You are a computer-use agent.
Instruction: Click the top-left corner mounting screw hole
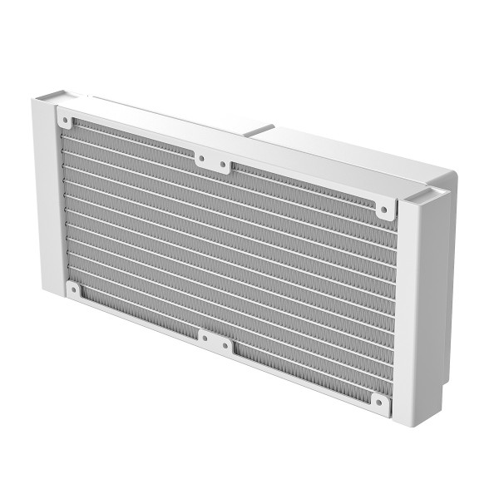[66, 121]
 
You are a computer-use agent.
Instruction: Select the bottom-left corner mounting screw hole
[74, 289]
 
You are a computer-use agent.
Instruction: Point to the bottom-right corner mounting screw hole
[379, 405]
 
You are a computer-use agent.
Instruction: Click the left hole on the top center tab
[201, 158]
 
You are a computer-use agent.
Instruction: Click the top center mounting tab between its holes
[212, 161]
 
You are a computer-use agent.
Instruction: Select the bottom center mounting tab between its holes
[215, 341]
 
